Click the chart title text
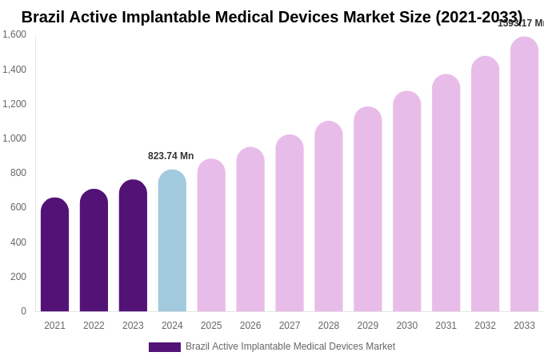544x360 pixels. [271, 17]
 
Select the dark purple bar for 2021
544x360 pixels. [54, 256]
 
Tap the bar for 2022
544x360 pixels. [94, 251]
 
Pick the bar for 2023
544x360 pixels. [133, 246]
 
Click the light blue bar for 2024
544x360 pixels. [172, 242]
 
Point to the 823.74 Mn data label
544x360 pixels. [170, 156]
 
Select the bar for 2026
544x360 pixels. [250, 230]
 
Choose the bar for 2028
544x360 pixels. [329, 218]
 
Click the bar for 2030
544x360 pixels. [406, 202]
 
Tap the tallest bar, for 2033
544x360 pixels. [524, 175]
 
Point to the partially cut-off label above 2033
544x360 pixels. [520, 23]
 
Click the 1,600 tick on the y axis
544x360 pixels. [14, 34]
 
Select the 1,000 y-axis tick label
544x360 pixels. [14, 138]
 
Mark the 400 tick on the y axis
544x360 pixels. [18, 242]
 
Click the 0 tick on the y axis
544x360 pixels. [23, 311]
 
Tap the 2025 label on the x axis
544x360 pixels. [211, 326]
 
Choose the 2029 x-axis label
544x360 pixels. [368, 326]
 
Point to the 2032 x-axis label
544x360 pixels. [485, 326]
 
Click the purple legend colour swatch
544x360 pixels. [165, 347]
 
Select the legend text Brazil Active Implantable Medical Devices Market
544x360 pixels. [290, 346]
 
